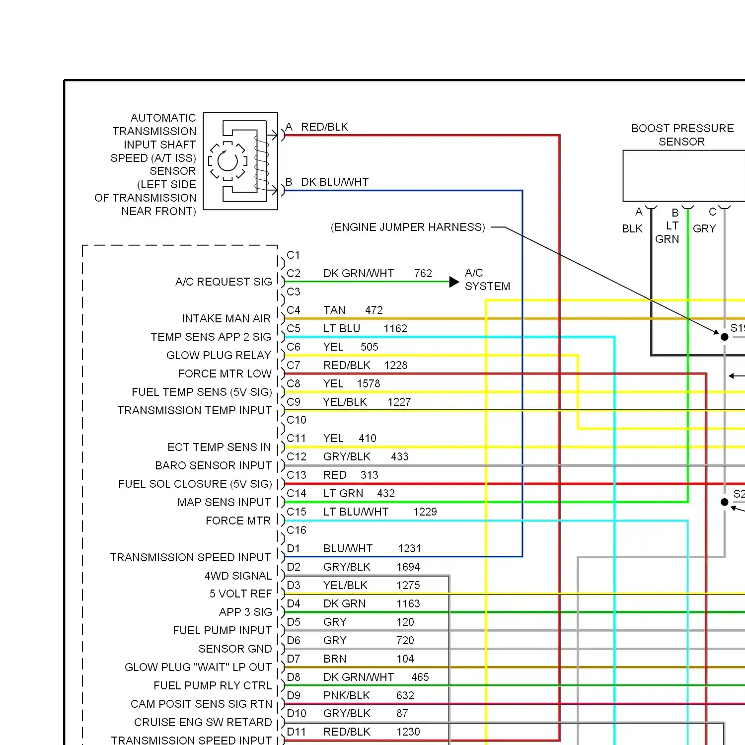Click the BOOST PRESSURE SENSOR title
tap(682, 135)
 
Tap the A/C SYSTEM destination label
tap(487, 280)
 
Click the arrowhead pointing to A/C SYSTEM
tap(453, 282)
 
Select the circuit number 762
tap(423, 274)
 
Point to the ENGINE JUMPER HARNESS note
tap(408, 227)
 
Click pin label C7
tap(294, 366)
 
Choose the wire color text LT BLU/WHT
tap(356, 512)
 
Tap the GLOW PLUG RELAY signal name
tap(219, 356)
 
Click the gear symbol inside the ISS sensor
tap(228, 161)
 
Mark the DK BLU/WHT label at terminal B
tap(335, 182)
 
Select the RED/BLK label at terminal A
tap(324, 127)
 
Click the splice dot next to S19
tap(724, 337)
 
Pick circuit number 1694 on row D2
tap(408, 567)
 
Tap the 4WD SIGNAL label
tap(238, 576)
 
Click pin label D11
tap(296, 732)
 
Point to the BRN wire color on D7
tap(335, 659)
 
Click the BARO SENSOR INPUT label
tap(213, 466)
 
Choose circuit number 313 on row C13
tap(369, 475)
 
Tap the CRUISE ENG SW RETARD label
tap(203, 722)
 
